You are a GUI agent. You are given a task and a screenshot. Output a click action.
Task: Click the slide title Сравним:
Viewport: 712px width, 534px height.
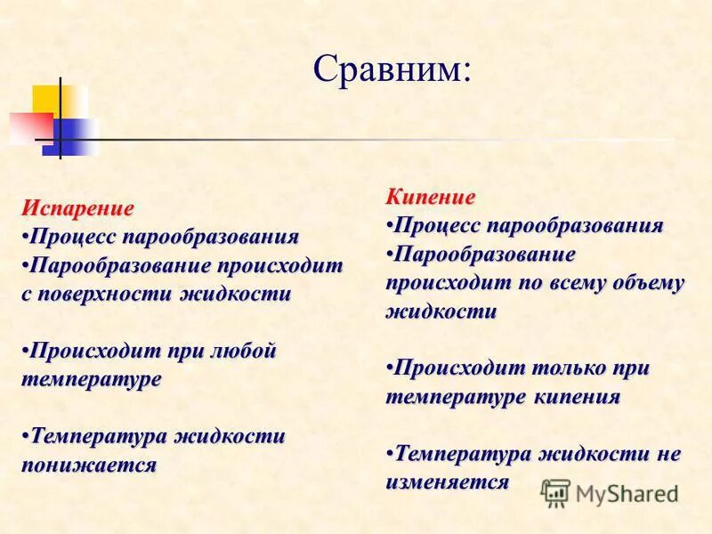pos(391,69)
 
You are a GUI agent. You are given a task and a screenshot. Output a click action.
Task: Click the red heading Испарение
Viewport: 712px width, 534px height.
pos(78,208)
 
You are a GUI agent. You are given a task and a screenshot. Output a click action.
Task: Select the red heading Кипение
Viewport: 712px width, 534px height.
pos(432,197)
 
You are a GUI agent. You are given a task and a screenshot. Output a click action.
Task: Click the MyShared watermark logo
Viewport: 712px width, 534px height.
pos(611,492)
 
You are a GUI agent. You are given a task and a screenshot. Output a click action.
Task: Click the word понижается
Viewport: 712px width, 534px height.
pos(89,465)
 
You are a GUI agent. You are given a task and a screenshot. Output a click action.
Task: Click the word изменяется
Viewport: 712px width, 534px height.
pos(448,482)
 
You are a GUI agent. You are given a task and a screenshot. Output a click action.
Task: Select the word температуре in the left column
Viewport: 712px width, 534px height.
pos(92,379)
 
